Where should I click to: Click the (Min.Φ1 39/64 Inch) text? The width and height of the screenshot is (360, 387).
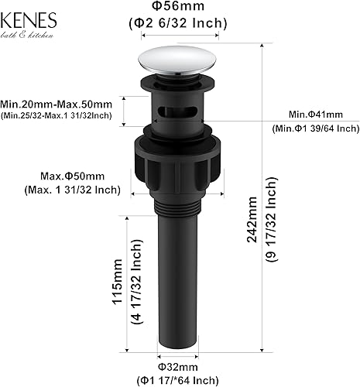314,128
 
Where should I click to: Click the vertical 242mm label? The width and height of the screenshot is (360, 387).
252,221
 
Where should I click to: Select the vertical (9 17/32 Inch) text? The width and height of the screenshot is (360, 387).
270,221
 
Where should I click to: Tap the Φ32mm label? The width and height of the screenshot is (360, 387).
179,366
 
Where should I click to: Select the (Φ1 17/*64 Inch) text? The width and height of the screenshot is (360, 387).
179,379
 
